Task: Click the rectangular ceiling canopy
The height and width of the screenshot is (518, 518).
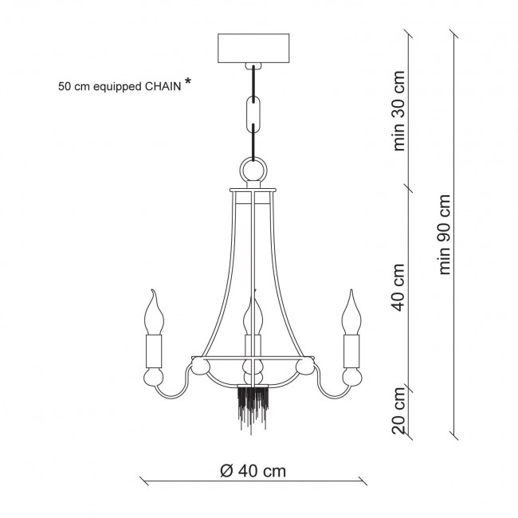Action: pos(253,49)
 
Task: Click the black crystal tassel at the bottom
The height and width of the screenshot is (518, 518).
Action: pos(253,408)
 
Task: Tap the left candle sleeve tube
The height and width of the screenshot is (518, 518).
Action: pos(154,351)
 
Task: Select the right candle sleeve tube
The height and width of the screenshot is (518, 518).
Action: pos(351,351)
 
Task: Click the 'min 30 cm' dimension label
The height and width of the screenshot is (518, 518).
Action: pos(398,111)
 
